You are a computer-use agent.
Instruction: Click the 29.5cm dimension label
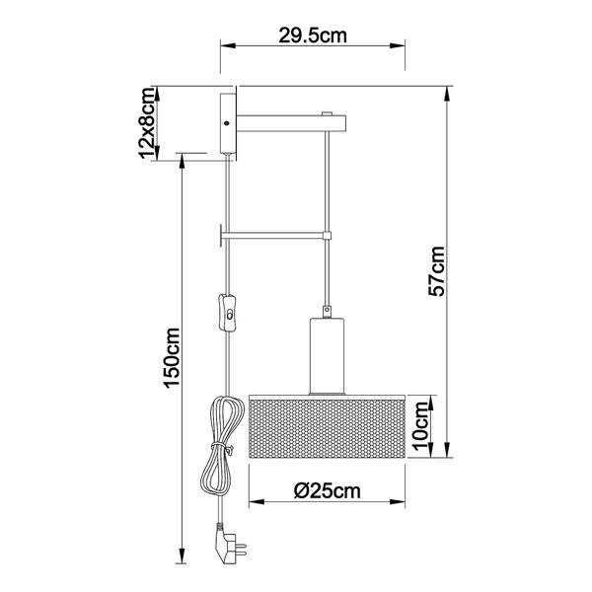click(312, 36)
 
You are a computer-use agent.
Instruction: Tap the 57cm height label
click(437, 271)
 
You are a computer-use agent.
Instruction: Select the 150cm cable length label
click(172, 358)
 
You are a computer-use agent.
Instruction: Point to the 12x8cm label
click(147, 123)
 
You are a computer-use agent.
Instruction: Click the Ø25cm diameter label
click(328, 490)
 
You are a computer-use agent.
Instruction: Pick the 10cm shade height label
click(421, 425)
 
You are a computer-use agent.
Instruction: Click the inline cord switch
click(227, 313)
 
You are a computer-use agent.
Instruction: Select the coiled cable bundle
click(219, 446)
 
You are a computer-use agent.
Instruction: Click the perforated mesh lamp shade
click(327, 426)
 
